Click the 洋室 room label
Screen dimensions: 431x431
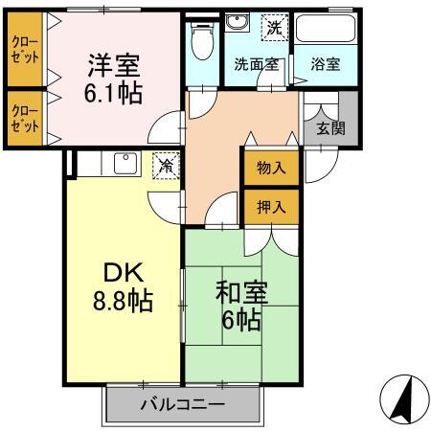pyautogui.click(x=114, y=67)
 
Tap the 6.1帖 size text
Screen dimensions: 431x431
pyautogui.click(x=114, y=94)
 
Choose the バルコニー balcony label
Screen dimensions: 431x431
pyautogui.click(x=182, y=404)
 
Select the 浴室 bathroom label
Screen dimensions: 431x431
pyautogui.click(x=326, y=65)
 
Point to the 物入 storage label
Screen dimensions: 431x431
pyautogui.click(x=271, y=169)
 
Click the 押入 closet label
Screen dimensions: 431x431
pyautogui.click(x=271, y=205)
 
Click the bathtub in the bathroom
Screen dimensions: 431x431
pyautogui.click(x=326, y=29)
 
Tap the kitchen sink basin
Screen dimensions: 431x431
pyautogui.click(x=125, y=163)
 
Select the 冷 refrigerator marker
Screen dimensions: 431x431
pyautogui.click(x=166, y=165)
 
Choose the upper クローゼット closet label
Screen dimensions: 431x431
pyautogui.click(x=26, y=49)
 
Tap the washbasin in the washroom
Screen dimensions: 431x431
pyautogui.click(x=237, y=27)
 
